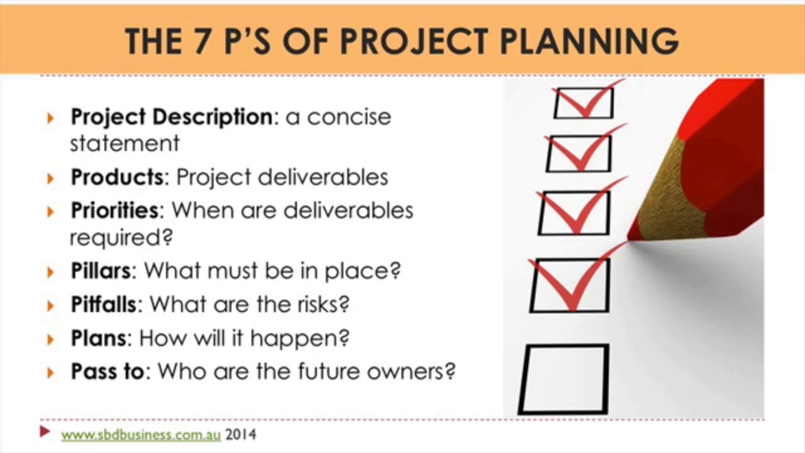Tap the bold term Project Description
(171, 117)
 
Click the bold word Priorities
(114, 210)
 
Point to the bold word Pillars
(101, 271)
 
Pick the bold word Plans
(98, 338)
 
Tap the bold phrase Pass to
(108, 372)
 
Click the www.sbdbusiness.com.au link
(140, 434)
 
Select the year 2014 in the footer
(241, 434)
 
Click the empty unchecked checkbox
(564, 379)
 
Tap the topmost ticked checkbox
(584, 103)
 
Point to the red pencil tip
(631, 238)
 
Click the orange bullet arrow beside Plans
(51, 339)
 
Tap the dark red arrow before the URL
(45, 432)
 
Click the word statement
(125, 143)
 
